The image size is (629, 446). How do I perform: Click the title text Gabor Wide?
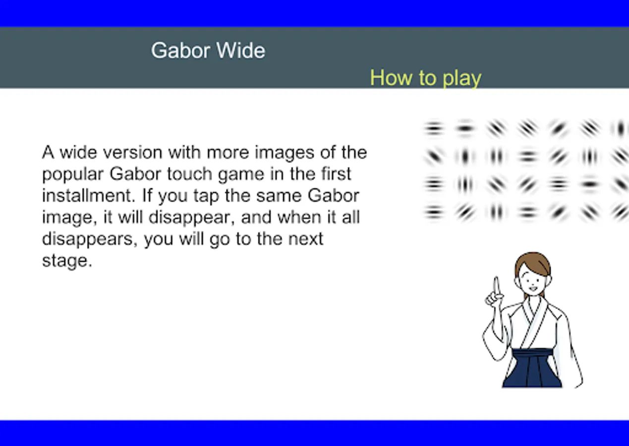pos(208,51)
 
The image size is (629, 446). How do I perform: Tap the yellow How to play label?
pos(426,78)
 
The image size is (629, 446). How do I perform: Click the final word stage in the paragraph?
pos(67,261)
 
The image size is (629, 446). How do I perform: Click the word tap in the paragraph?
pos(206,196)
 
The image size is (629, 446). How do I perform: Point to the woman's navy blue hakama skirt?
pos(532,368)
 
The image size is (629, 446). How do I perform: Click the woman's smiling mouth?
pos(532,288)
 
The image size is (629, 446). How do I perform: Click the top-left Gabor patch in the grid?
pos(434,128)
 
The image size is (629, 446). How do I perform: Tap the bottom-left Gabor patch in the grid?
pos(434,212)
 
